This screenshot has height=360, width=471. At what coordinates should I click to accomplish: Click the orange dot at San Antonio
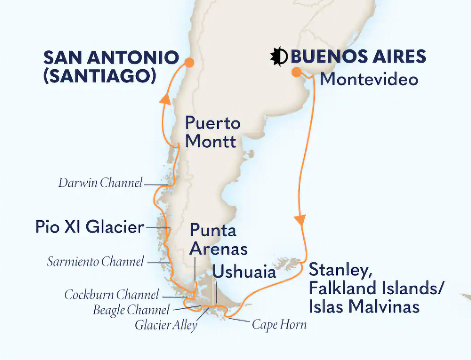pyautogui.click(x=189, y=63)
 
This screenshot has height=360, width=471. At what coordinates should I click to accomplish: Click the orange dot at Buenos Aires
pyautogui.click(x=296, y=72)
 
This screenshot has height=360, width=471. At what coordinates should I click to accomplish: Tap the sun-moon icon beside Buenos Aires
pyautogui.click(x=279, y=56)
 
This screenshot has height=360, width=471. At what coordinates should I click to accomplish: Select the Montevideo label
pyautogui.click(x=369, y=79)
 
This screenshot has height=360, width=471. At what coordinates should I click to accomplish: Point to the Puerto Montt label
pyautogui.click(x=212, y=132)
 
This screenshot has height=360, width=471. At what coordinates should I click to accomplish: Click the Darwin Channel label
pyautogui.click(x=100, y=183)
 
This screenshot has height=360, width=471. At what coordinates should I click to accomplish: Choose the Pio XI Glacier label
pyautogui.click(x=90, y=227)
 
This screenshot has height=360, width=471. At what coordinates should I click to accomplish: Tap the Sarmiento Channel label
pyautogui.click(x=95, y=262)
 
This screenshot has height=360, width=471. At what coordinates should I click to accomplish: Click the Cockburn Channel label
pyautogui.click(x=111, y=295)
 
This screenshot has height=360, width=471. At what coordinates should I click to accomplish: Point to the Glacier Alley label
pyautogui.click(x=166, y=325)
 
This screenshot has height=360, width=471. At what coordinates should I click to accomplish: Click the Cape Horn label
pyautogui.click(x=279, y=325)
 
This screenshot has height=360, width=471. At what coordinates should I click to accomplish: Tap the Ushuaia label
pyautogui.click(x=244, y=272)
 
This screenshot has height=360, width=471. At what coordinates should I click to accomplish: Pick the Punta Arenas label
pyautogui.click(x=218, y=240)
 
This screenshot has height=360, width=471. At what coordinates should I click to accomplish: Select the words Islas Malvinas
pyautogui.click(x=364, y=307)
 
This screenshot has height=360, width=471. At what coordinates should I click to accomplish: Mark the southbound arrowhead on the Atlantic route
pyautogui.click(x=300, y=220)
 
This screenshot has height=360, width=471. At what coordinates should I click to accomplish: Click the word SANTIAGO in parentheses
pyautogui.click(x=100, y=76)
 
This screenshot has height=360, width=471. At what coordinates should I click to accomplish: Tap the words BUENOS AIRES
pyautogui.click(x=358, y=57)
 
